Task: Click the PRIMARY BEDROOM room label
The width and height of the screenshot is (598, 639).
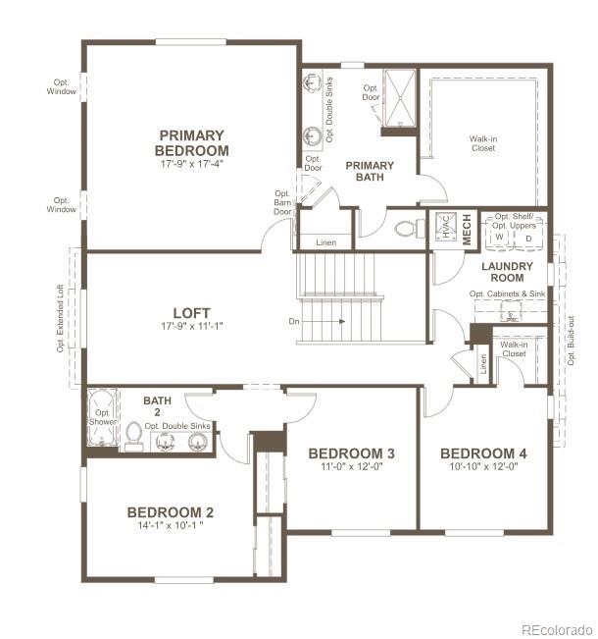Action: click(x=191, y=143)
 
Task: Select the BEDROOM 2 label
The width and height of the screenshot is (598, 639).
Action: click(x=170, y=512)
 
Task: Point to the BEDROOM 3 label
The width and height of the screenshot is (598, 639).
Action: click(x=351, y=453)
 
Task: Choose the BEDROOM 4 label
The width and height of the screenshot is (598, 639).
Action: click(x=483, y=453)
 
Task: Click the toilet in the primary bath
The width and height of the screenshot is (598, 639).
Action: click(x=406, y=229)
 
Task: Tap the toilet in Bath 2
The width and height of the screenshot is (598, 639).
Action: click(x=134, y=434)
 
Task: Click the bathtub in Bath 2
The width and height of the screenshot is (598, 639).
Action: click(x=102, y=419)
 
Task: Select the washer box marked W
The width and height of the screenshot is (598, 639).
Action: click(x=499, y=238)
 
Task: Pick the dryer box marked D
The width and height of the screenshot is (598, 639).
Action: click(x=528, y=238)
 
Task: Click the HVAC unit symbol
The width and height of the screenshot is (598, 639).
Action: click(x=443, y=228)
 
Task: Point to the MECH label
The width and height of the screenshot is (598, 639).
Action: click(x=467, y=228)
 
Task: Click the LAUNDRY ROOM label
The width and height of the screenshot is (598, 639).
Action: click(x=507, y=272)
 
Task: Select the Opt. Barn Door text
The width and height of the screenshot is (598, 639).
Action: click(x=282, y=202)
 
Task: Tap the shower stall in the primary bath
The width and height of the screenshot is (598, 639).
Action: click(x=398, y=98)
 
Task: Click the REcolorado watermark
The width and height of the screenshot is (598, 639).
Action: click(x=555, y=629)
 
